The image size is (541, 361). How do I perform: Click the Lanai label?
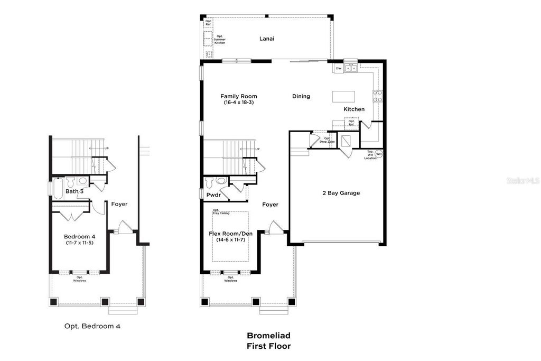[267, 39]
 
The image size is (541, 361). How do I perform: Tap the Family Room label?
[239, 96]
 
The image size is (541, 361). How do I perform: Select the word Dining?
[301, 96]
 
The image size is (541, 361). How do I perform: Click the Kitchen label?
[354, 109]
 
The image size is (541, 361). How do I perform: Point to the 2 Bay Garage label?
[341, 193]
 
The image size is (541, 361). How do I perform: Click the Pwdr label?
[213, 195]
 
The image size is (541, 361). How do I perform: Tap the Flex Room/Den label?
[231, 233]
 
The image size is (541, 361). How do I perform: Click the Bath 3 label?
[74, 191]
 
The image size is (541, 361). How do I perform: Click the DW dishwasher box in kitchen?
[339, 69]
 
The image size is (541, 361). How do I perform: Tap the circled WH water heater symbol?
[379, 154]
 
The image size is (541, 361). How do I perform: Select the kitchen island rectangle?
[343, 96]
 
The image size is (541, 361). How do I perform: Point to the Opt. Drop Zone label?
[329, 140]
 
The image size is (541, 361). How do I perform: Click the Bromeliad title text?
[268, 335]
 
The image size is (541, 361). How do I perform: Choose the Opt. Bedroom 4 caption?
[92, 326]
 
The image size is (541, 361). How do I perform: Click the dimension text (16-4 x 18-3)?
[239, 102]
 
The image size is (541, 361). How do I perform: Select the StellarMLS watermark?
[523, 180]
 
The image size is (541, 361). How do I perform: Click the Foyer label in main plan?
[270, 205]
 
